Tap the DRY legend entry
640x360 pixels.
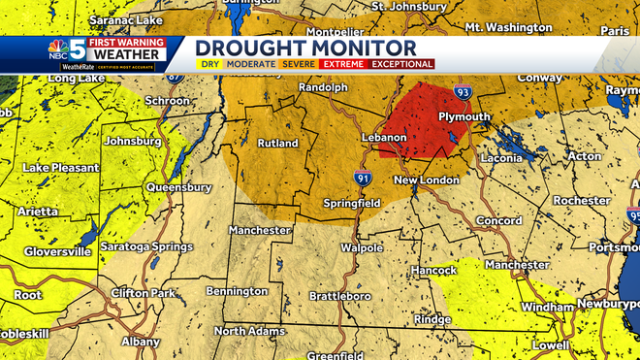(x=209, y=64)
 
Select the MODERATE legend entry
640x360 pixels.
(x=250, y=64)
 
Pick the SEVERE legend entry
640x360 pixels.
(x=299, y=64)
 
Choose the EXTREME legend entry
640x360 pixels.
(x=343, y=64)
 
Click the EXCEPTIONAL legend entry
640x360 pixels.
(x=401, y=64)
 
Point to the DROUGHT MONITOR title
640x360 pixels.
(x=305, y=48)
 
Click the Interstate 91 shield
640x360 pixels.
(x=361, y=178)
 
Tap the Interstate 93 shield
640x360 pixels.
(x=464, y=92)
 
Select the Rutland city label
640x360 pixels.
(x=278, y=144)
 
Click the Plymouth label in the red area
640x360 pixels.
(x=464, y=116)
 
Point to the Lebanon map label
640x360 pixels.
(x=385, y=138)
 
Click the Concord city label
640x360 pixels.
(x=499, y=220)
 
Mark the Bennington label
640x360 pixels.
(x=236, y=290)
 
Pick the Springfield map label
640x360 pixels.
(x=352, y=204)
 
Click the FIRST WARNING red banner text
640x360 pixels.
(x=126, y=43)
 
